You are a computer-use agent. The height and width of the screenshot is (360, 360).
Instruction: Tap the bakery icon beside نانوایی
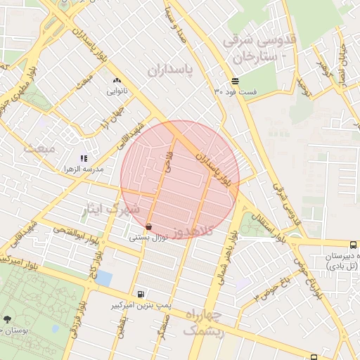point(116,81)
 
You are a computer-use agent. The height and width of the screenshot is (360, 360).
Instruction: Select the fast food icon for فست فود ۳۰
point(234,81)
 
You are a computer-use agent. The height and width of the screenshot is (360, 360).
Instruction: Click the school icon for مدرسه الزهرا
point(83,159)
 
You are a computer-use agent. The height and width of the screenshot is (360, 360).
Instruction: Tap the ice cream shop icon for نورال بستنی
point(149,227)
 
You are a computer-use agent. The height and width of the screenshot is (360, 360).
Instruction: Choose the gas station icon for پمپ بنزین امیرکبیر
point(142,294)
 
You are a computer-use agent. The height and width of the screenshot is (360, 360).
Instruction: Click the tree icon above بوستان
point(7,318)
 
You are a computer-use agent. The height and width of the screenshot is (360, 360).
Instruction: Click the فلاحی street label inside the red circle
point(168,162)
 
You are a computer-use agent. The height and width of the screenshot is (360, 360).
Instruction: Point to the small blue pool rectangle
point(103,278)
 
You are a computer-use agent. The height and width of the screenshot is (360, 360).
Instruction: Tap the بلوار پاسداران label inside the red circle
point(214,167)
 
